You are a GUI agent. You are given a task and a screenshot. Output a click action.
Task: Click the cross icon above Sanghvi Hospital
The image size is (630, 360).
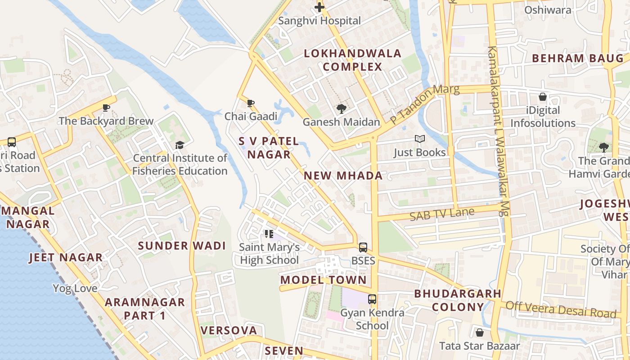319,7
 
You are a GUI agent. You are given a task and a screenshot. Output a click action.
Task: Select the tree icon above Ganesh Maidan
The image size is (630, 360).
341,108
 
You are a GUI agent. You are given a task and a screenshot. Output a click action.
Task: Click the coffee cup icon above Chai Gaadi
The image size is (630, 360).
251,103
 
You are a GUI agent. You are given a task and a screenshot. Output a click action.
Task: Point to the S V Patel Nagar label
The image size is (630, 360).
269,148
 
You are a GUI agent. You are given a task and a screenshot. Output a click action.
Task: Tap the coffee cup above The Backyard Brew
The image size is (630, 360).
106,108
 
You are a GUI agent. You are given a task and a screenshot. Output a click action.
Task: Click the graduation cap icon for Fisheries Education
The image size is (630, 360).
180,145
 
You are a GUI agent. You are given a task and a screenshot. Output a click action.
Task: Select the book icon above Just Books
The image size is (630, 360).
419,139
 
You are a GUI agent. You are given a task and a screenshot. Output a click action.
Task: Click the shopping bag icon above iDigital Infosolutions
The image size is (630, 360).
543,97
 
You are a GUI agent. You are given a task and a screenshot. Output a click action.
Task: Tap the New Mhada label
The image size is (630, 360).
343,175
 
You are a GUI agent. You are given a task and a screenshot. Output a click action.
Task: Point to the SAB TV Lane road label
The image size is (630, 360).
442,214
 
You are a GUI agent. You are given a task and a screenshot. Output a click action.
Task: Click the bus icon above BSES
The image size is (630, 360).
363,247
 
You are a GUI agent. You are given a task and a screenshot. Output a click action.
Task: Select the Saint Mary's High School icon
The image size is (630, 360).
269,234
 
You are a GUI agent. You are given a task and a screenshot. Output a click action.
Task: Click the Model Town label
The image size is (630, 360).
323,280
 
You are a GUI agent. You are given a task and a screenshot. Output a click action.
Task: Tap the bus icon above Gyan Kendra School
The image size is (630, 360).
372,299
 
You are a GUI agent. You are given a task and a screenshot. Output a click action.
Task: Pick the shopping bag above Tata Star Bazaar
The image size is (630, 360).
479,333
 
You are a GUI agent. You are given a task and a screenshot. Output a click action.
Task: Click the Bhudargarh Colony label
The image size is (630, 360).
458,300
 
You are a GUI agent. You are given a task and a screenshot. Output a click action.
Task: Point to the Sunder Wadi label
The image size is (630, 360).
182,246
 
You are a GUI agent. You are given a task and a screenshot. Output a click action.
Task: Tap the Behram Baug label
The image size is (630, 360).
578,58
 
